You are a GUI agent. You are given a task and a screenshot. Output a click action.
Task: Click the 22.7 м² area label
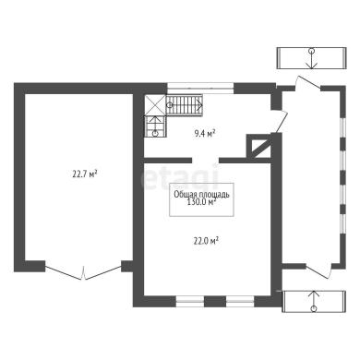point(85,174)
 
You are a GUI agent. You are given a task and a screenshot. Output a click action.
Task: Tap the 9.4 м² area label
point(204,134)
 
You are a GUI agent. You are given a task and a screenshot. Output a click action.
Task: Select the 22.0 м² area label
point(206,241)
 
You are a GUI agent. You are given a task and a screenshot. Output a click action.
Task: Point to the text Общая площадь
point(201,195)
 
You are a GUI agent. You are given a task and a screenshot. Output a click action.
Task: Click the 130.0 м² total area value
point(201,202)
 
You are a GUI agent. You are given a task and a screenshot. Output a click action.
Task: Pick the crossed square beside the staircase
point(155,104)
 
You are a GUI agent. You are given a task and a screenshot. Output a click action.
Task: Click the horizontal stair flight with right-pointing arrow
point(185,105)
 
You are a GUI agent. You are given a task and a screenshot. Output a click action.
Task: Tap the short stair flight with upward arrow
point(155,126)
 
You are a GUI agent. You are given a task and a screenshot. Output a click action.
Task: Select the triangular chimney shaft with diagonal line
point(260,147)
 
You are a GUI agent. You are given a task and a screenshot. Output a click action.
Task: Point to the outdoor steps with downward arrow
point(312,58)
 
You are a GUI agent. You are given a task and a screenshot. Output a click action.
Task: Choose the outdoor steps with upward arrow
point(314,301)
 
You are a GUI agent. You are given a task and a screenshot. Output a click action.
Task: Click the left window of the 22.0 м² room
point(190,301)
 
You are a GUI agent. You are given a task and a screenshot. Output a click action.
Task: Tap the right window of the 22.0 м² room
point(240,301)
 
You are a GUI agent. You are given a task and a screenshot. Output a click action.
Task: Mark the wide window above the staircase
point(200,88)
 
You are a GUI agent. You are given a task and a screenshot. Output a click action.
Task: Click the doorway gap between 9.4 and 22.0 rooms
point(206,160)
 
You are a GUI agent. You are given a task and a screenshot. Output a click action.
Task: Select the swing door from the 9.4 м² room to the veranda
point(281,121)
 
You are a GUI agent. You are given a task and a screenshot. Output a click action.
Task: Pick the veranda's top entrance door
point(308,83)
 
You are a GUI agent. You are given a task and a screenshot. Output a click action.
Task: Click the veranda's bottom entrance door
point(318,271)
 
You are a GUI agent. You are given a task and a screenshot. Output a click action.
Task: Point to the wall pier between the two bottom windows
point(215,301)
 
